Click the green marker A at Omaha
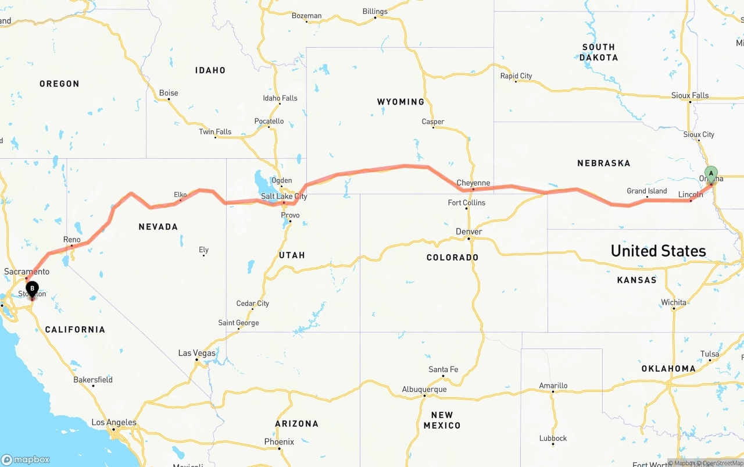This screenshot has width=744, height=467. point(711,174)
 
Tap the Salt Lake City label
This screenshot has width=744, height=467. point(284,197)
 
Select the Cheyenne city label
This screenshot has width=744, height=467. point(473,183)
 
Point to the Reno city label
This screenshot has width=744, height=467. point(72,240)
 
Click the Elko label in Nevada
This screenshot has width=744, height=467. point(180,195)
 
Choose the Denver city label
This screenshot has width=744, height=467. point(468,231)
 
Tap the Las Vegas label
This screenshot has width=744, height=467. point(196,353)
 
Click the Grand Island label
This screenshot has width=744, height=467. point(646,191)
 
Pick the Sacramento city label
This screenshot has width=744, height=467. point(27,272)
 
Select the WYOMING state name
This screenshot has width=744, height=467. point(400,102)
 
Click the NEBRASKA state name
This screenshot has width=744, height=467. point(603,163)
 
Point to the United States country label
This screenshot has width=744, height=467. point(658,251)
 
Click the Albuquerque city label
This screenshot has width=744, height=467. point(424,389)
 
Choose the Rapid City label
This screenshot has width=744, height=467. point(516,76)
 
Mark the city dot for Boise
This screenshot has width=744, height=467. point(169,99)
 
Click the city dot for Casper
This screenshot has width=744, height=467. point(433,128)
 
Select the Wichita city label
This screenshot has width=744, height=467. point(673,302)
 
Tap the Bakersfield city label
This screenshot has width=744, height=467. point(93,380)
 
